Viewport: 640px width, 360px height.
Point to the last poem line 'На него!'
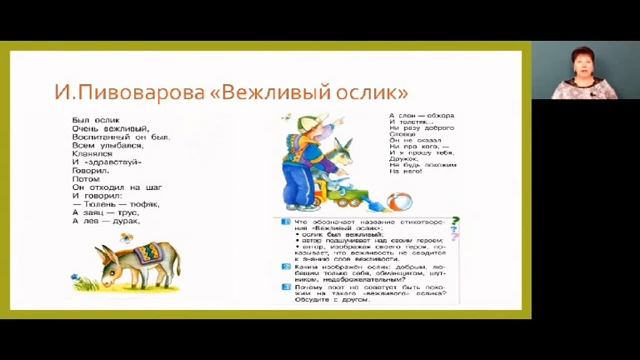pos(405,171)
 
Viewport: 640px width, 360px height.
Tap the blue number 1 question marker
pos(285,220)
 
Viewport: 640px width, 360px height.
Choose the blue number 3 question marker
pos(285,287)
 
